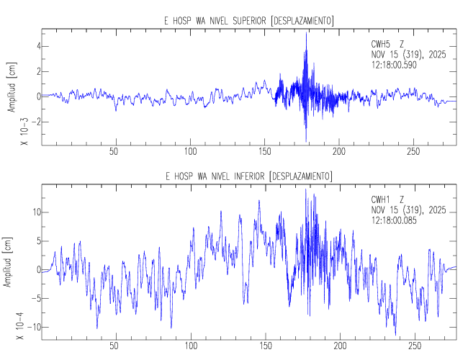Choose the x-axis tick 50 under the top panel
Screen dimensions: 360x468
(114, 152)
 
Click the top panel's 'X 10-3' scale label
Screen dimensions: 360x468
(24, 135)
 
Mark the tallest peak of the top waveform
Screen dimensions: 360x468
(306, 35)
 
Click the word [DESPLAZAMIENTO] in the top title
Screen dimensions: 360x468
(301, 21)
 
